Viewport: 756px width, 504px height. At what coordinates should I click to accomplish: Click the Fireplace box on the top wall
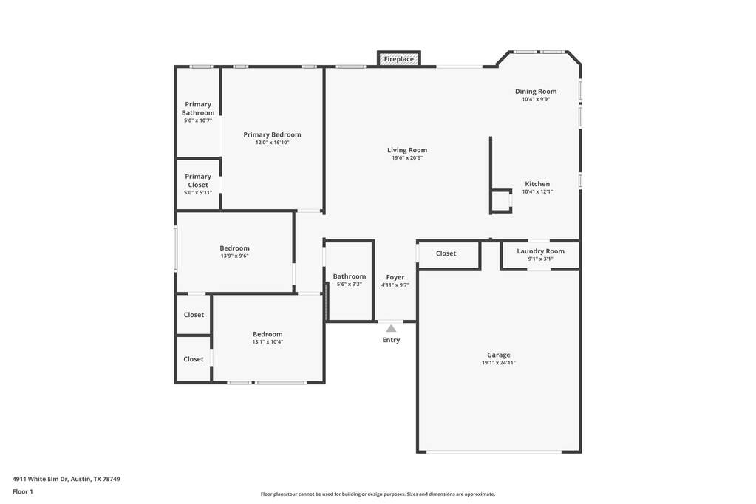399,59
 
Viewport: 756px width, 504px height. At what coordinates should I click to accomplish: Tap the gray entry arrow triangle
391,328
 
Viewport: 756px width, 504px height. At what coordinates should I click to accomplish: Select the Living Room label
407,150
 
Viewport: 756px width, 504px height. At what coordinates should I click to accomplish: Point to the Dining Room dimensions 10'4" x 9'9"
536,99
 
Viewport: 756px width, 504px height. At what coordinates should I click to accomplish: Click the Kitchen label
537,184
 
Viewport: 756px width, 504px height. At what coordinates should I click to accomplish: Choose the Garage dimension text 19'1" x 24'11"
499,363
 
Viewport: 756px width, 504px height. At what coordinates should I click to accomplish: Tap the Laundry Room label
540,251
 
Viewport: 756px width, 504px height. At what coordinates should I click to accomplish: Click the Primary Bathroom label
198,109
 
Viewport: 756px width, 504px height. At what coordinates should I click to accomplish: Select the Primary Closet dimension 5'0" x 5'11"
198,193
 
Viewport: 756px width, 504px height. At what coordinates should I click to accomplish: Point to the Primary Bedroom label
272,134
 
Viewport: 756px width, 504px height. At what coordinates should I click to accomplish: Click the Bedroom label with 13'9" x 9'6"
235,248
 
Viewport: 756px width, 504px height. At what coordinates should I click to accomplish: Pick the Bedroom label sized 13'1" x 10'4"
268,334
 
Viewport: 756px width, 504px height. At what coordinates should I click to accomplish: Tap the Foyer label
395,277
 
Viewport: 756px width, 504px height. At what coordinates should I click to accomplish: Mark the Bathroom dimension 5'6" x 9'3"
350,285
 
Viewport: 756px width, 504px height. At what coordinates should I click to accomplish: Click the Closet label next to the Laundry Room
446,253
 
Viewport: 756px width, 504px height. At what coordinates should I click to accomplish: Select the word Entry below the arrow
391,340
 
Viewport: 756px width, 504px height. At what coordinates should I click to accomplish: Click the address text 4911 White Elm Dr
41,479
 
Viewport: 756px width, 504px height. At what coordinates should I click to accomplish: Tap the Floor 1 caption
23,492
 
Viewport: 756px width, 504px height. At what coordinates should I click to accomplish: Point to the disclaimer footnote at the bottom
378,494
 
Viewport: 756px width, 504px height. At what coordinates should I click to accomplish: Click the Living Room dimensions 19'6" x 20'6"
407,157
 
